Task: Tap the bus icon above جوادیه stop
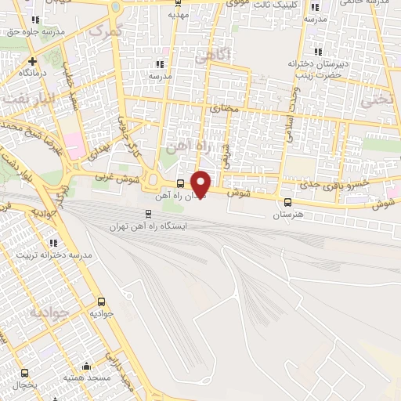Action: tap(101, 302)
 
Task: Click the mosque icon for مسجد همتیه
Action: tap(85, 366)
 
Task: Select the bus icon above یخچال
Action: tap(24, 374)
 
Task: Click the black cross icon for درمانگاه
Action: tap(32, 61)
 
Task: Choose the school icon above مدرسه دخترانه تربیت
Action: tap(54, 243)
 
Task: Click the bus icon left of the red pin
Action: tap(181, 185)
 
